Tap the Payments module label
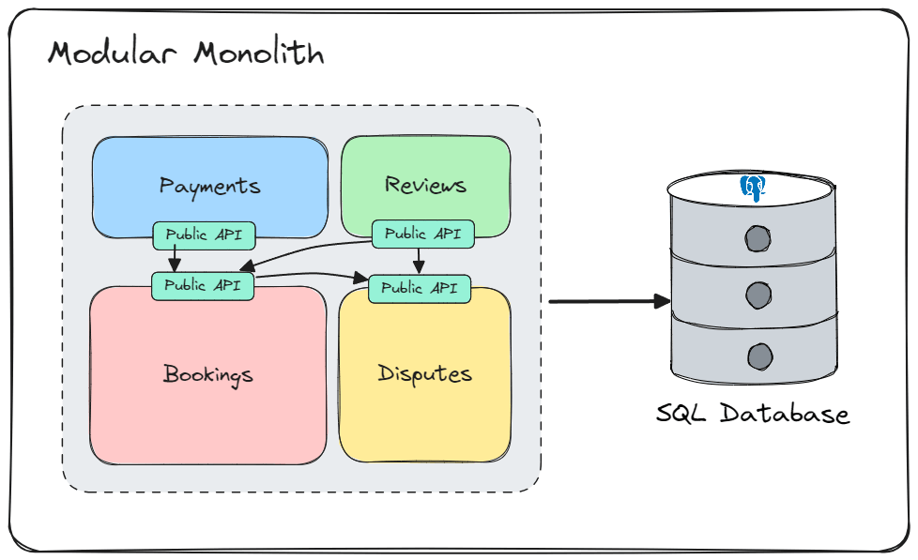click(x=209, y=186)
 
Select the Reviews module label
click(x=425, y=184)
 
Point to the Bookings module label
click(x=207, y=374)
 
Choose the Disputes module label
click(x=424, y=373)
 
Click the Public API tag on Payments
click(x=204, y=235)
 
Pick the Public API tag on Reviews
click(x=422, y=234)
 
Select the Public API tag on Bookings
click(x=203, y=285)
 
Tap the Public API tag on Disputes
click(x=419, y=288)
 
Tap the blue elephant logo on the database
click(x=753, y=187)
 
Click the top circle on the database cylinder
click(x=757, y=238)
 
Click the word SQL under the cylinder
click(x=682, y=414)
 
